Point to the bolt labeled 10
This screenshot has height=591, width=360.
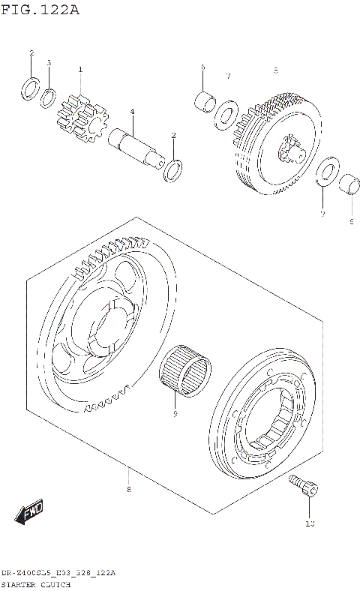[304, 487]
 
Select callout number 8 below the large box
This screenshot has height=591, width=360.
[128, 490]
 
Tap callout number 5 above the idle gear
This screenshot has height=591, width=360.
[275, 70]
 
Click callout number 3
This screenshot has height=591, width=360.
[49, 63]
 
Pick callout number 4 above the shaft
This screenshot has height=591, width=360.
[131, 112]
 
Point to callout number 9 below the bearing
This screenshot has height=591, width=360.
[175, 412]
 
